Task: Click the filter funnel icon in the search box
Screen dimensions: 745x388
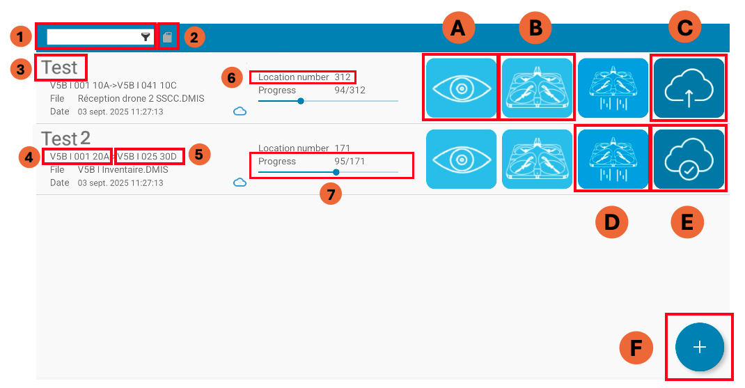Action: [146, 37]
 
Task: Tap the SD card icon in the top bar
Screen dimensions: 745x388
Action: [167, 37]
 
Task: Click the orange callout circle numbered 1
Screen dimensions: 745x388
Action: [20, 37]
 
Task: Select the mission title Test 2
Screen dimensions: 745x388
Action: [65, 139]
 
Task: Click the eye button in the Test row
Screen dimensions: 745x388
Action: [461, 88]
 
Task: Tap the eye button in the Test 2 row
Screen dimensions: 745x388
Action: [461, 160]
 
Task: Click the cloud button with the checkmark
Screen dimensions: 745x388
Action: [689, 160]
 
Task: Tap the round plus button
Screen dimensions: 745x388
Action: [699, 347]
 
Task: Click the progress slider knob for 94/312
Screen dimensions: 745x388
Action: [301, 101]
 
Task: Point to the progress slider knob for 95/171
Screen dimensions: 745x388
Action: [336, 172]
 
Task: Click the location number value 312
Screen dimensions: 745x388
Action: [343, 77]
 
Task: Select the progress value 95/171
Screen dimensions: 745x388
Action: [350, 161]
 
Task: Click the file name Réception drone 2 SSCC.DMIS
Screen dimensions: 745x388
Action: [141, 98]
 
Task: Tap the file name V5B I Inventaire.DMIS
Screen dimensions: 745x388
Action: [123, 170]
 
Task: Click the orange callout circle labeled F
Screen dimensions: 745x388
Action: [636, 348]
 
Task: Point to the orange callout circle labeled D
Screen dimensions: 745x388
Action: [612, 222]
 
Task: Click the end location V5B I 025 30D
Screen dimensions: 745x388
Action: [147, 157]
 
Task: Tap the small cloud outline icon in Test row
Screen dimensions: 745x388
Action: [240, 111]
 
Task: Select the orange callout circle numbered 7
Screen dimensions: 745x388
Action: [331, 194]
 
